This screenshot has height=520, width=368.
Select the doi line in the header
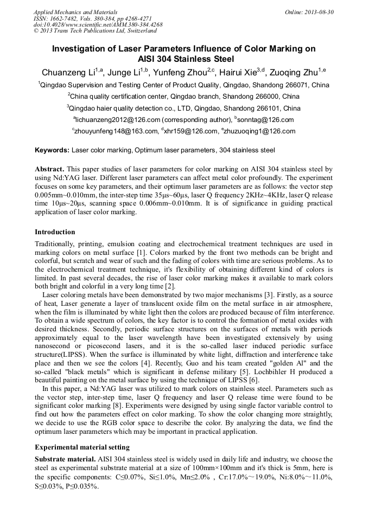pos(98,25)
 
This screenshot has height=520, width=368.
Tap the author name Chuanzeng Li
pos(68,73)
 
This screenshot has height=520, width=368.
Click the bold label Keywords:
pos(52,150)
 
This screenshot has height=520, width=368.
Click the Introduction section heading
pos(55,232)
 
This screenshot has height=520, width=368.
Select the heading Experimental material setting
pos(82,447)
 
